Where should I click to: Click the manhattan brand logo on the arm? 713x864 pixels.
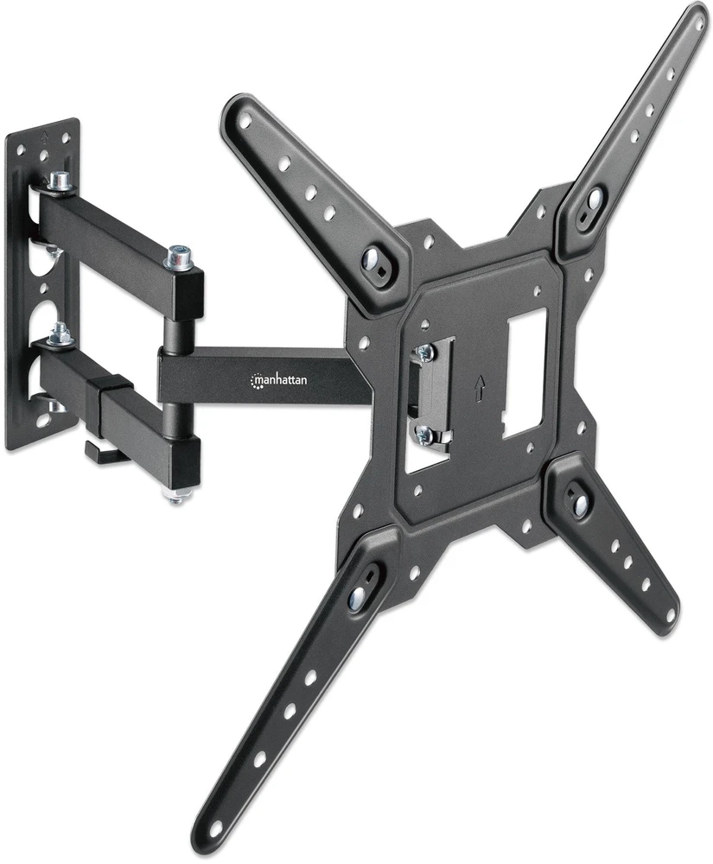click(279, 379)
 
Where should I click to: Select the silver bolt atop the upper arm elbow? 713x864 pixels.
click(180, 257)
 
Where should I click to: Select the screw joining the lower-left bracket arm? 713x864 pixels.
click(357, 595)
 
